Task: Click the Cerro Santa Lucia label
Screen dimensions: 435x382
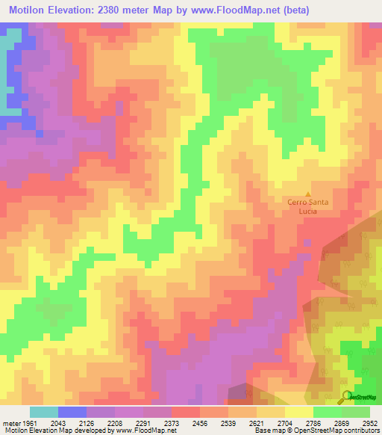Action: pyautogui.click(x=309, y=206)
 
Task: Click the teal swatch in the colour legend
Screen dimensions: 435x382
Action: pyautogui.click(x=43, y=412)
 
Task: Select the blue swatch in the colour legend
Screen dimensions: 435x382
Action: pyautogui.click(x=72, y=412)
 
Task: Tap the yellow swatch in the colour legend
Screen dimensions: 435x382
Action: pyautogui.click(x=298, y=412)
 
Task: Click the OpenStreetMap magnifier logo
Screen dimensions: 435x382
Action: pyautogui.click(x=348, y=397)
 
